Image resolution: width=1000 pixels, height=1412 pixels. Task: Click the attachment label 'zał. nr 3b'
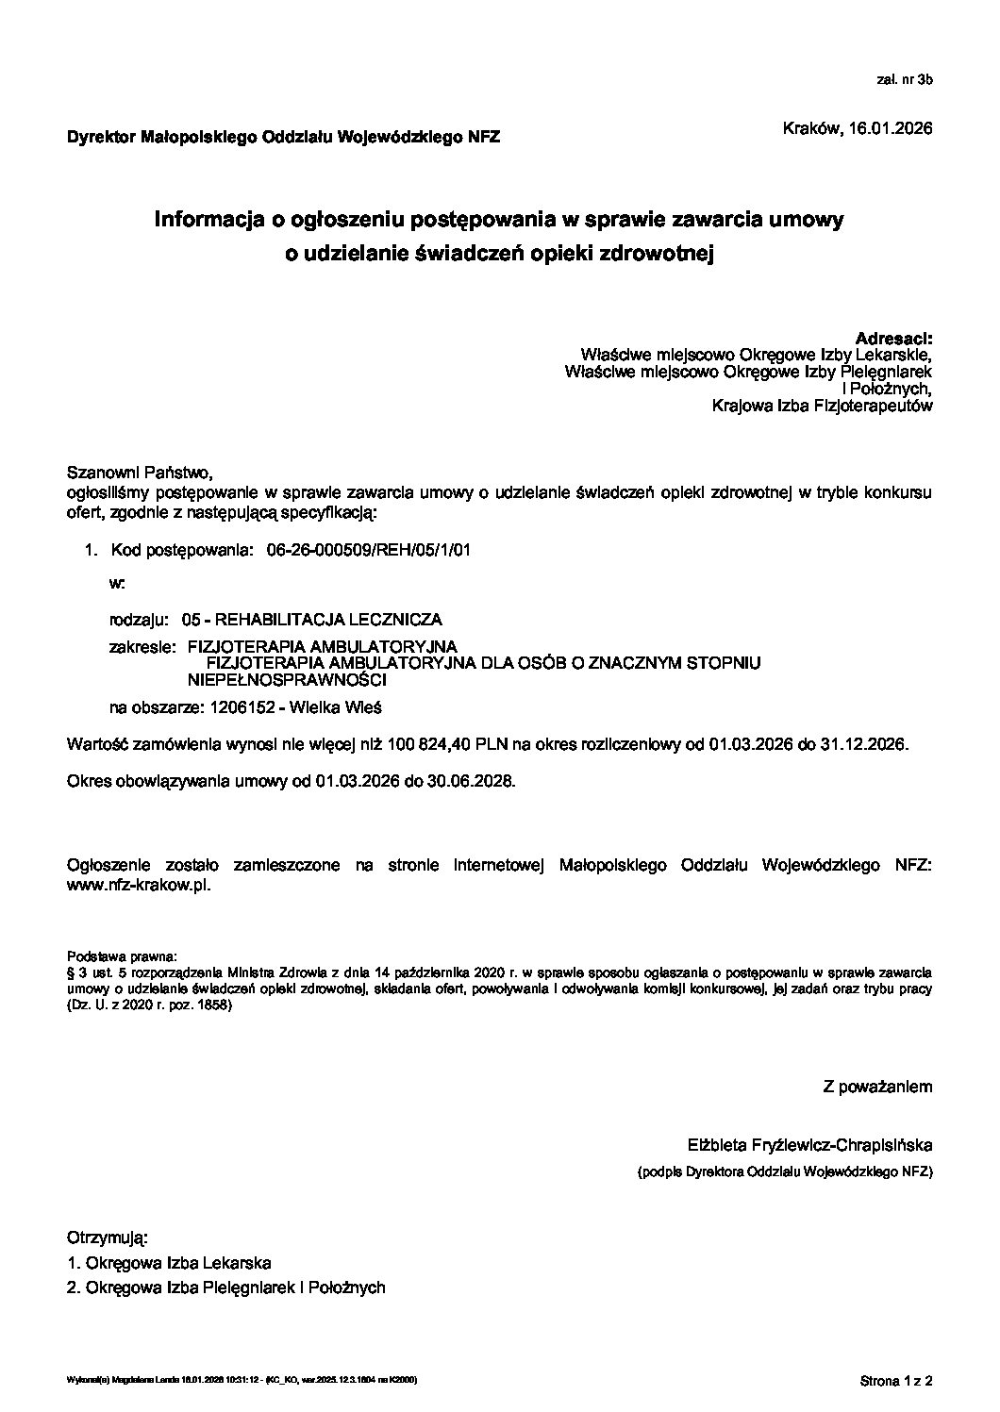(x=905, y=81)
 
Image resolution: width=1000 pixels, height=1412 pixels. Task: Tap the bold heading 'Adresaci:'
(x=893, y=338)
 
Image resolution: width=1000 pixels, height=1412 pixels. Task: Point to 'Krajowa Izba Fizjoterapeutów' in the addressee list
(x=823, y=406)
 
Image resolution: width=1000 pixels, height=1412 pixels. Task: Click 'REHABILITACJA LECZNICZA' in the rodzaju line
(x=328, y=620)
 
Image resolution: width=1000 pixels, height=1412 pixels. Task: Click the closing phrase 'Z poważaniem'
(x=877, y=1087)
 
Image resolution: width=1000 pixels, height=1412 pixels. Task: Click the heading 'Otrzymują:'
(x=108, y=1237)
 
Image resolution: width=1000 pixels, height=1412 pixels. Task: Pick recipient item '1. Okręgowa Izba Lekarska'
(x=170, y=1263)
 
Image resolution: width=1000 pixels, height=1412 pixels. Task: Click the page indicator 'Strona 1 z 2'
(x=895, y=1382)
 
